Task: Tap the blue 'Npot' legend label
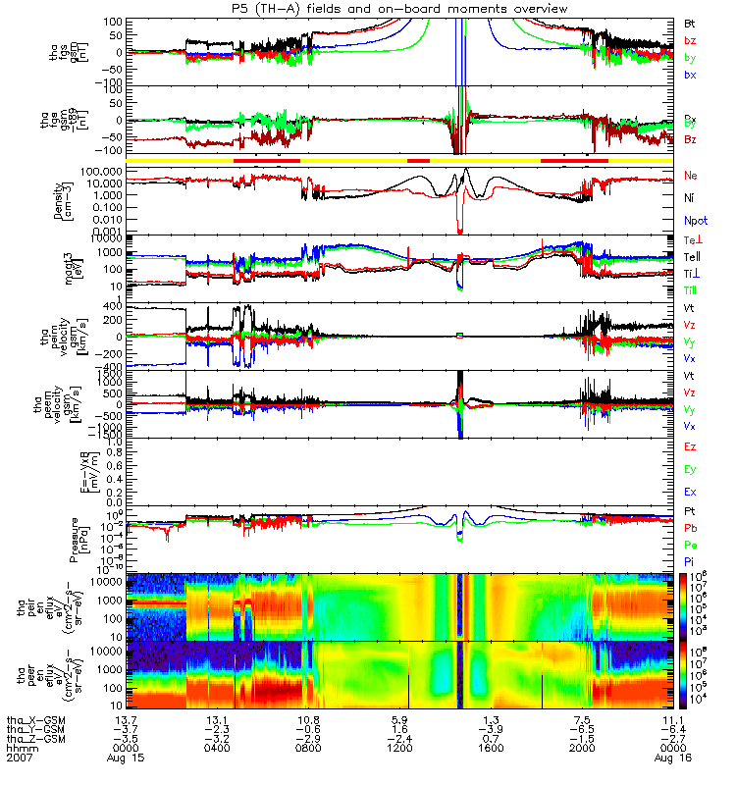(695, 221)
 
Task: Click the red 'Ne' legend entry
(690, 175)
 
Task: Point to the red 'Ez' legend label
(690, 446)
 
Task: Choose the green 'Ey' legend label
(690, 469)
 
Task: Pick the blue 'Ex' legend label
(690, 492)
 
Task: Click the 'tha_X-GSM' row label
(32, 720)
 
